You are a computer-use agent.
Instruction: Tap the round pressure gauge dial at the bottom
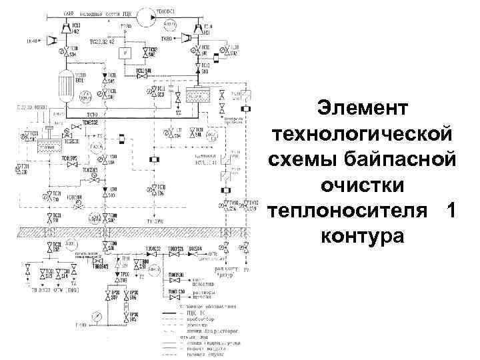[98, 315]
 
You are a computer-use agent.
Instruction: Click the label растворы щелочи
[201, 294]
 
